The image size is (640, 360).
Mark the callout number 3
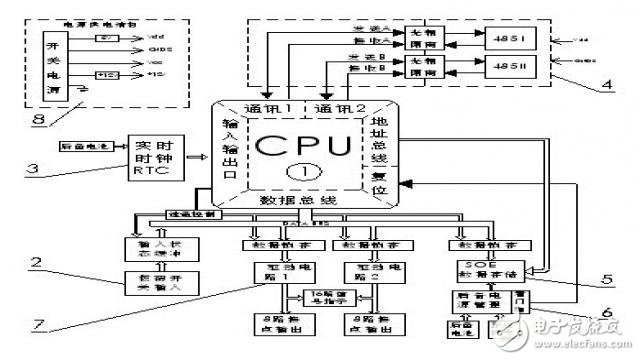tap(34, 171)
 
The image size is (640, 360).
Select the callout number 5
tap(607, 280)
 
